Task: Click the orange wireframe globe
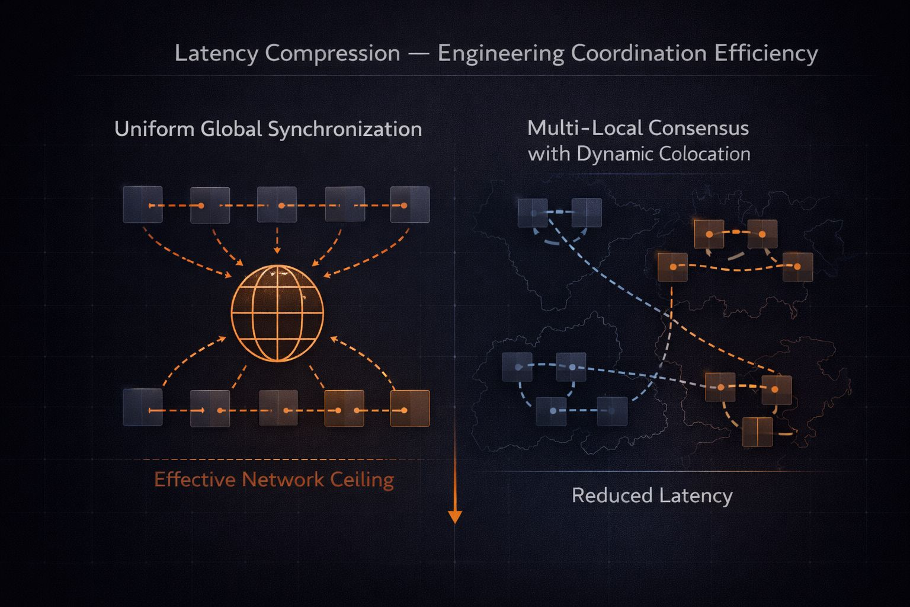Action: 277,313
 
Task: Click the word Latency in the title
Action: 216,53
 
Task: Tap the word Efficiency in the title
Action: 766,53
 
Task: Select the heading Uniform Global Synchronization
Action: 268,129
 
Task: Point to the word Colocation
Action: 704,154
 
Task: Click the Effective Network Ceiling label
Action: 274,479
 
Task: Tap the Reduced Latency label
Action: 652,495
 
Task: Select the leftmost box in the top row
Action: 143,205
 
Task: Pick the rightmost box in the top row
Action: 410,205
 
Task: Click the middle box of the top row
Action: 277,205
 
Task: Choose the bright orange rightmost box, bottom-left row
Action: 410,408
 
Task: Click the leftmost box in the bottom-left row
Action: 143,407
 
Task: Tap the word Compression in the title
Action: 332,53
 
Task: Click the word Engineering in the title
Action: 501,53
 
